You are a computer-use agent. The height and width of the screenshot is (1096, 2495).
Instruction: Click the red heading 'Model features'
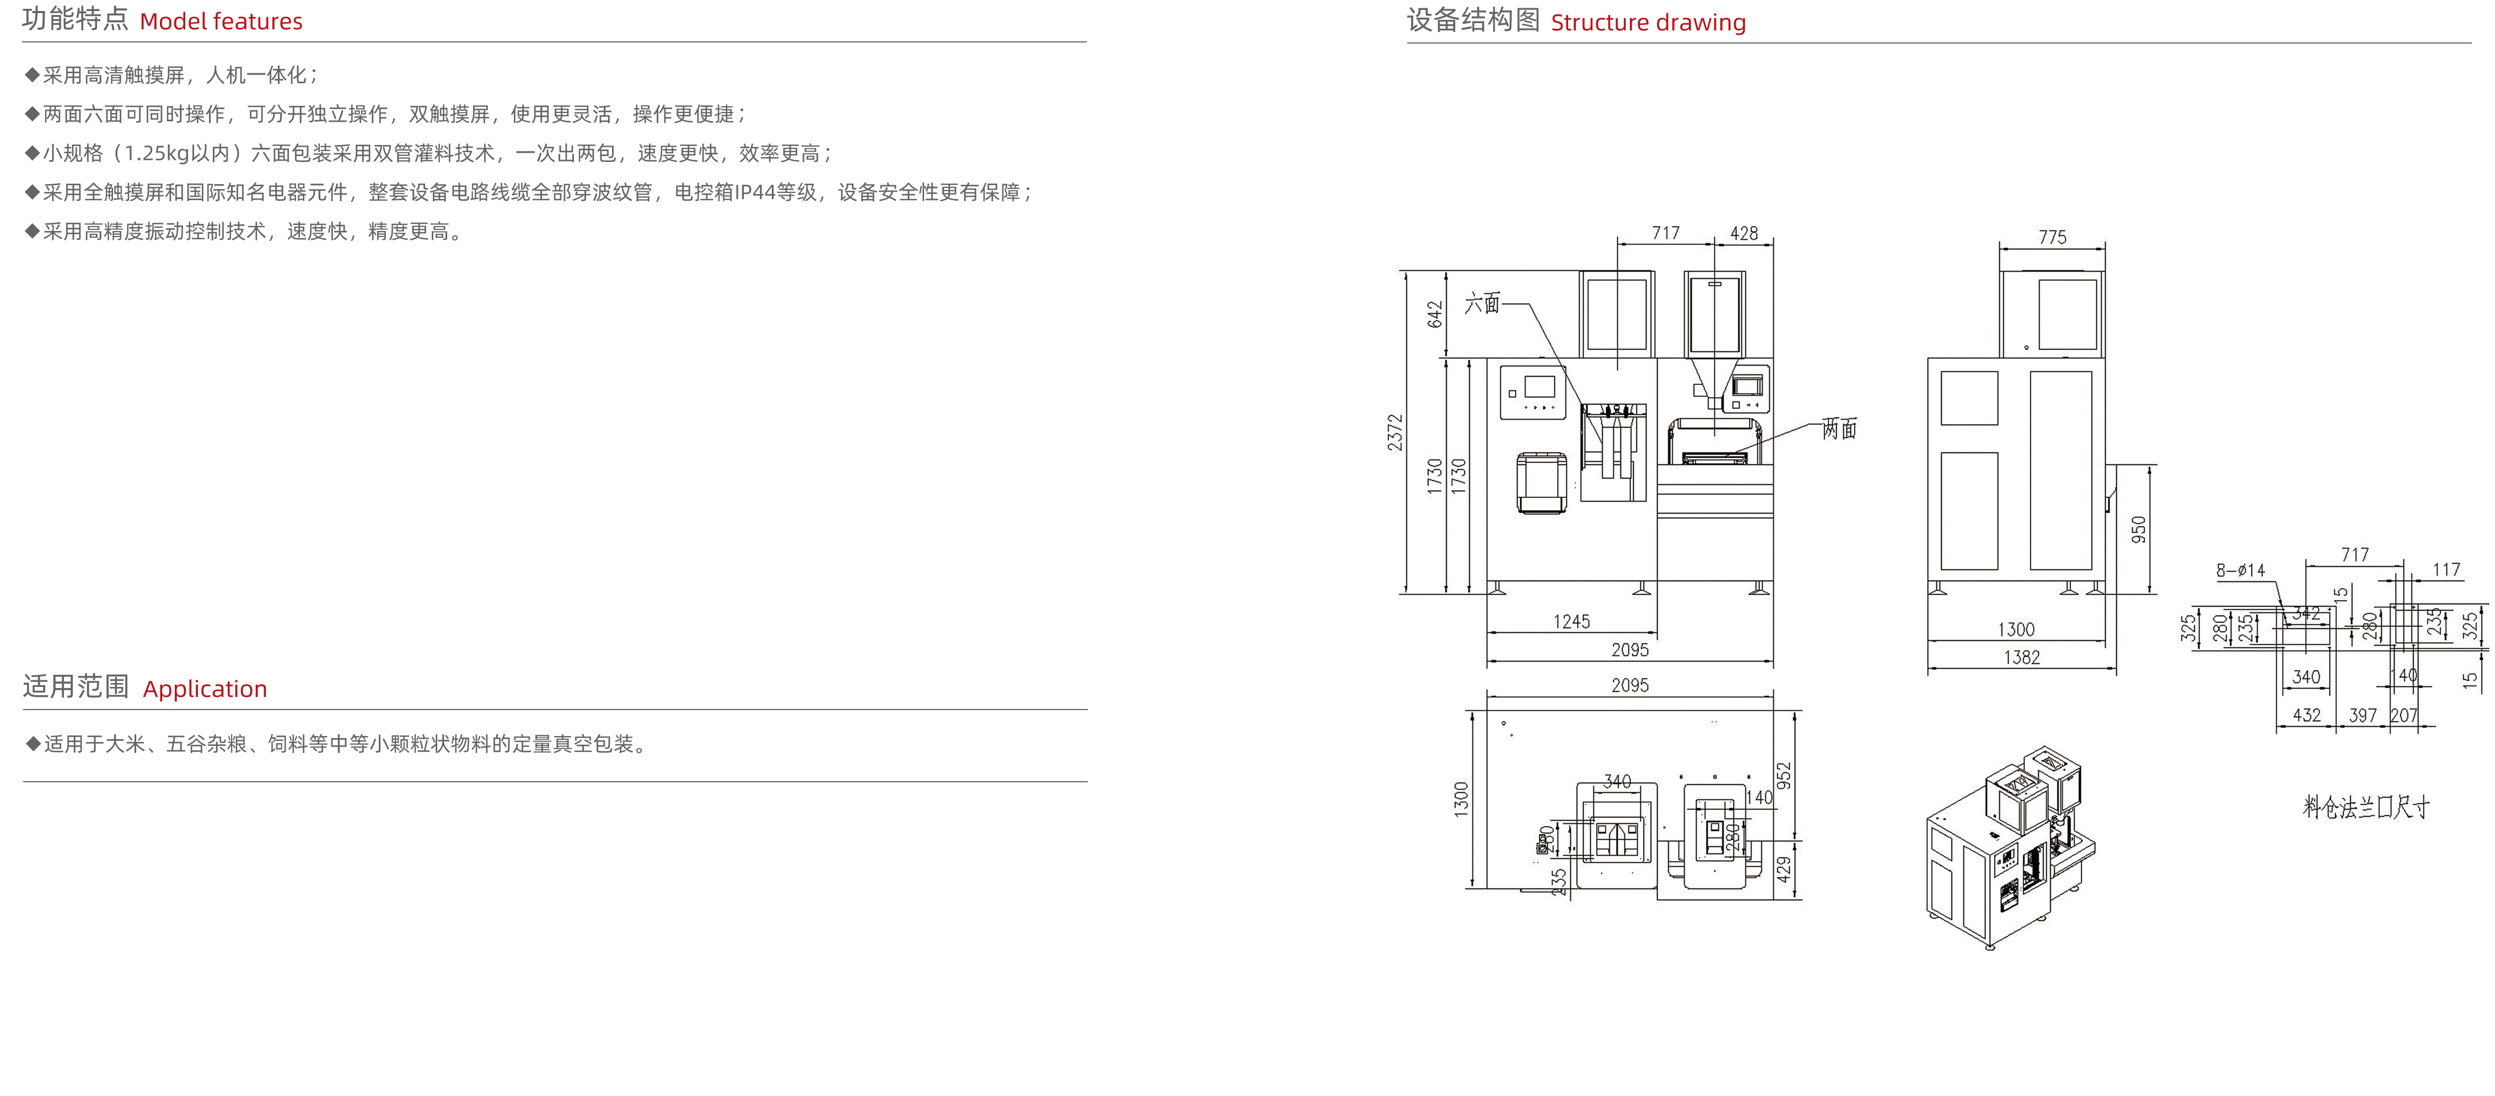tap(221, 22)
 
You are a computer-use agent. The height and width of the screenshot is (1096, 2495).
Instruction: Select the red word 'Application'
tap(205, 689)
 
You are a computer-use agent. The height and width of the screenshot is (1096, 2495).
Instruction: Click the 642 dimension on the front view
tap(1435, 314)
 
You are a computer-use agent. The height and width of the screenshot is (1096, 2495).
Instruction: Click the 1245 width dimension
tap(1571, 621)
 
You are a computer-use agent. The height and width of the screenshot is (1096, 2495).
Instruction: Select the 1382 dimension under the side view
tap(2021, 657)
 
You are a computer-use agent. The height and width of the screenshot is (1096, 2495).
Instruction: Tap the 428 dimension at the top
tap(1743, 233)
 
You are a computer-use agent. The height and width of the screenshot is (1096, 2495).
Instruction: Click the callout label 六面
tap(1482, 304)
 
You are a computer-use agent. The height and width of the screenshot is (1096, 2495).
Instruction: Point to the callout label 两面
tap(1838, 429)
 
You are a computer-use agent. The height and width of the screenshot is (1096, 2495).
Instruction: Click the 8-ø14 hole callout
tap(2240, 570)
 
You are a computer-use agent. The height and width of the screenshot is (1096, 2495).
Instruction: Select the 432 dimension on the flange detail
tap(2306, 716)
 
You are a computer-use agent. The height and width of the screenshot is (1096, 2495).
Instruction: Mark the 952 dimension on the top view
tap(1784, 776)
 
